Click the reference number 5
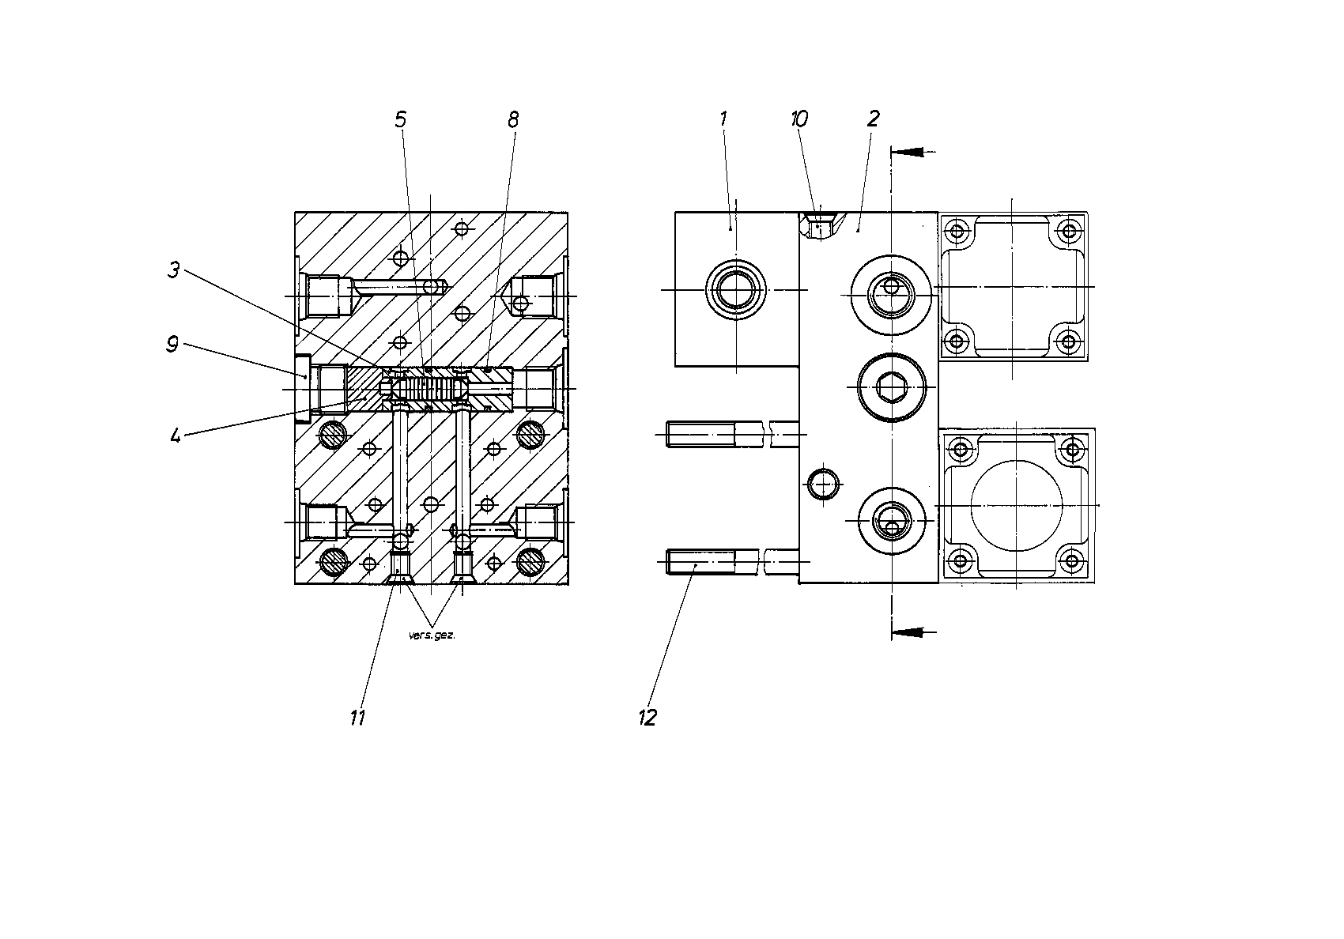[x=400, y=119]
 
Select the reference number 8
[x=513, y=120]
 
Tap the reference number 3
[x=173, y=270]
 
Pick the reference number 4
[x=176, y=436]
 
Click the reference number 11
[x=357, y=718]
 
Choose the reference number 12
[x=648, y=718]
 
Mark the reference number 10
[x=799, y=119]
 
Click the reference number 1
[x=723, y=119]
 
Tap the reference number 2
[x=873, y=119]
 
